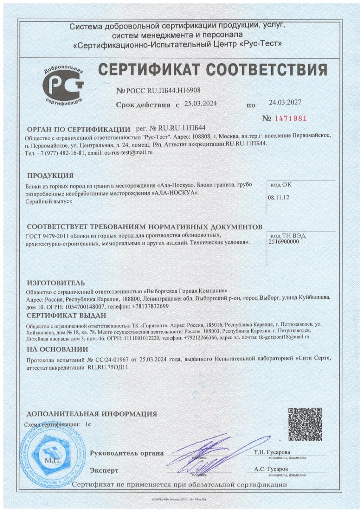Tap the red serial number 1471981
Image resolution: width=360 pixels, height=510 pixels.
pos(291,118)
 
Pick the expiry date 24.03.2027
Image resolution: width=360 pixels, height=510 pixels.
pos(285,102)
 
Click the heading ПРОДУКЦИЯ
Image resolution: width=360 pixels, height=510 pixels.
pos(50,176)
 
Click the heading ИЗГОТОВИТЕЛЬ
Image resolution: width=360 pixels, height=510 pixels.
pos(56,283)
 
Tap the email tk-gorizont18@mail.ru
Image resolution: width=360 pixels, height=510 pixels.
pos(284,336)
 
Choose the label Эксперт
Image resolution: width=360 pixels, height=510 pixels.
pos(104,470)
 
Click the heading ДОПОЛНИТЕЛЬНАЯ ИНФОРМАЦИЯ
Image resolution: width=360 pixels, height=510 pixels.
pos(92,414)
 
